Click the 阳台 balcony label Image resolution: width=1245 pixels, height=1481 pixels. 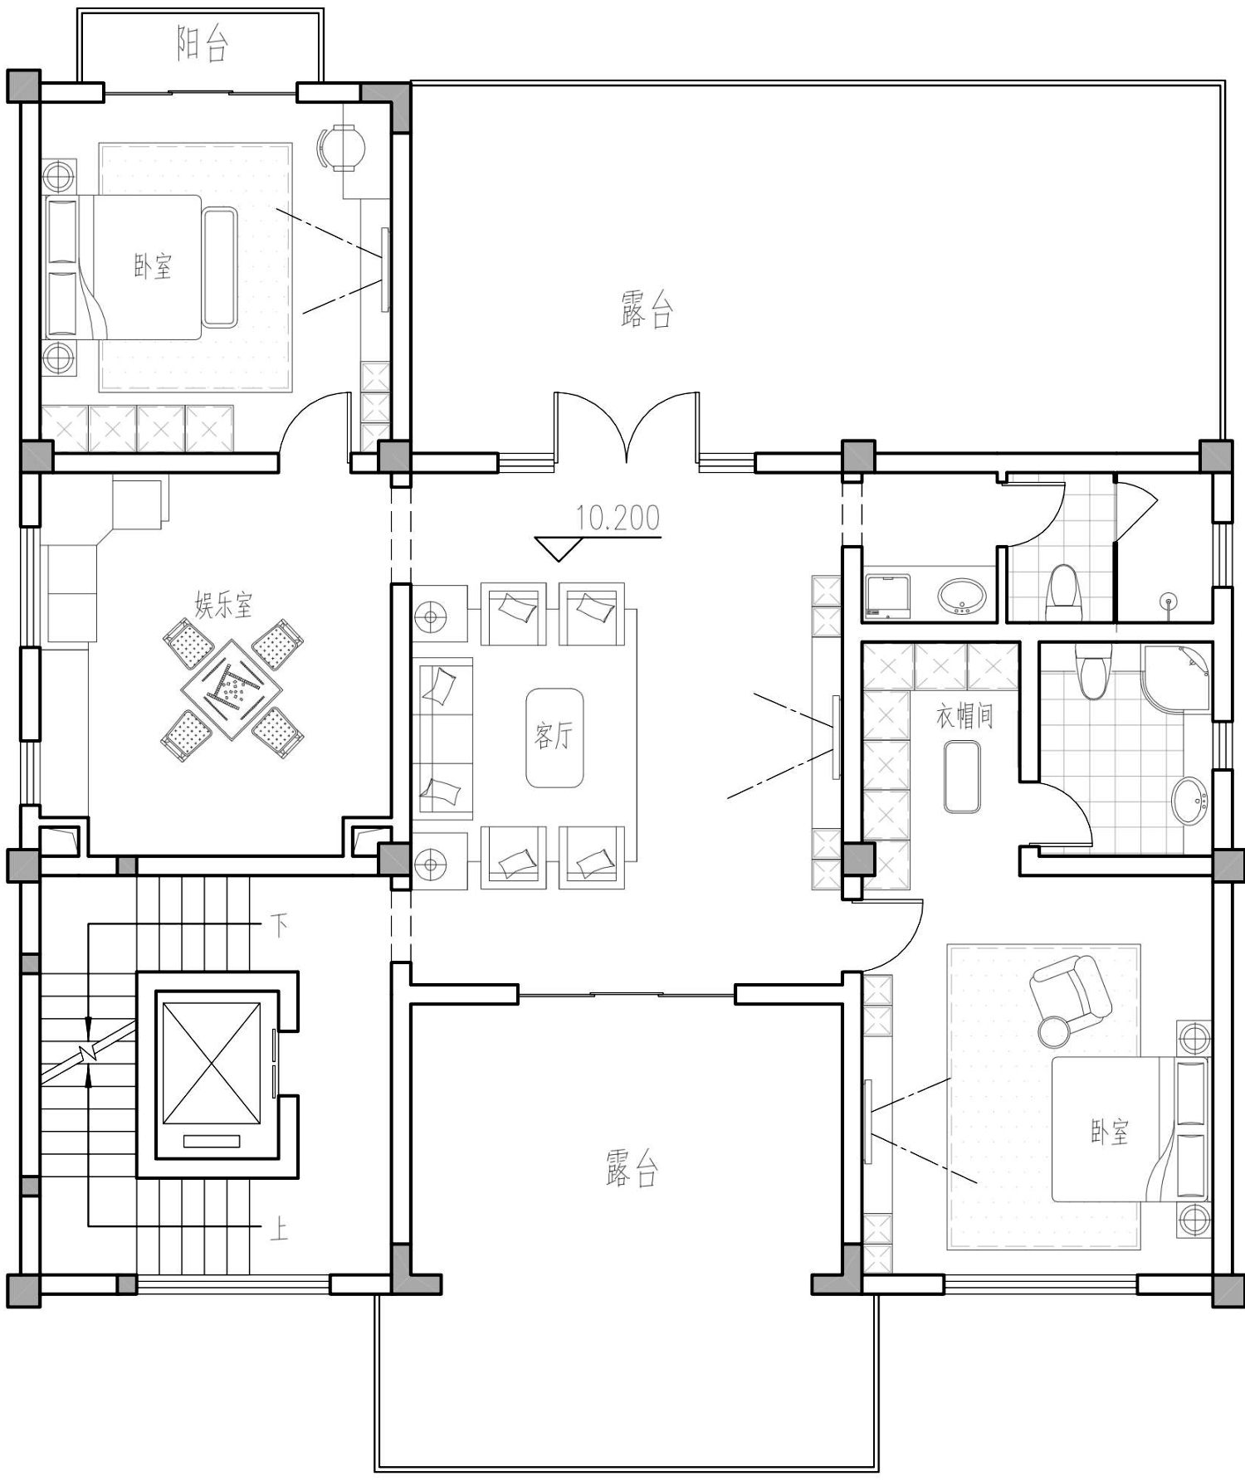203,44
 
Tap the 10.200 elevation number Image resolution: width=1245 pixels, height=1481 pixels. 618,518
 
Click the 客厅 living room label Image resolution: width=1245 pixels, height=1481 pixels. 554,736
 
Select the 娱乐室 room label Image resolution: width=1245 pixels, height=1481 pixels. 223,604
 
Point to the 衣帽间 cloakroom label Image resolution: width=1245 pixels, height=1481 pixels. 964,716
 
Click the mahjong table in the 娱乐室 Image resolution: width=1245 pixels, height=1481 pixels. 233,688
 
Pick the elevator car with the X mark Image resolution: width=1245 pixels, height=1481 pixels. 212,1062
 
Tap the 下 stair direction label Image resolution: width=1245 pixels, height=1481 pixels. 280,925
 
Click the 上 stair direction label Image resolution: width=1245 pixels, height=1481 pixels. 279,1229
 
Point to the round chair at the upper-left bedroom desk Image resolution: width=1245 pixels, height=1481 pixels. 341,148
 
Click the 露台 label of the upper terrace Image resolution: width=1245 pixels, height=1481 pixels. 646,309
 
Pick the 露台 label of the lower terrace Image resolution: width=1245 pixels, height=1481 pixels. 632,1168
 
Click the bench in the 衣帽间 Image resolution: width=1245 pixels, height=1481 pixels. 962,777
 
